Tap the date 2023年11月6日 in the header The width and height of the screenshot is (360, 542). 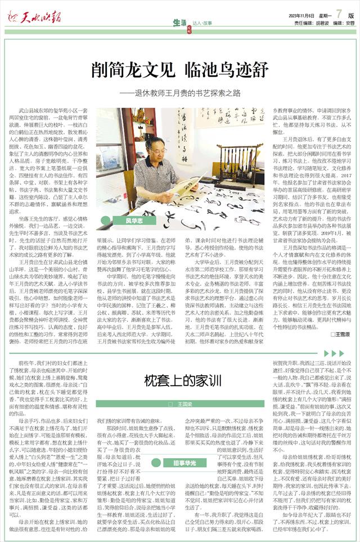pos(301,15)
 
